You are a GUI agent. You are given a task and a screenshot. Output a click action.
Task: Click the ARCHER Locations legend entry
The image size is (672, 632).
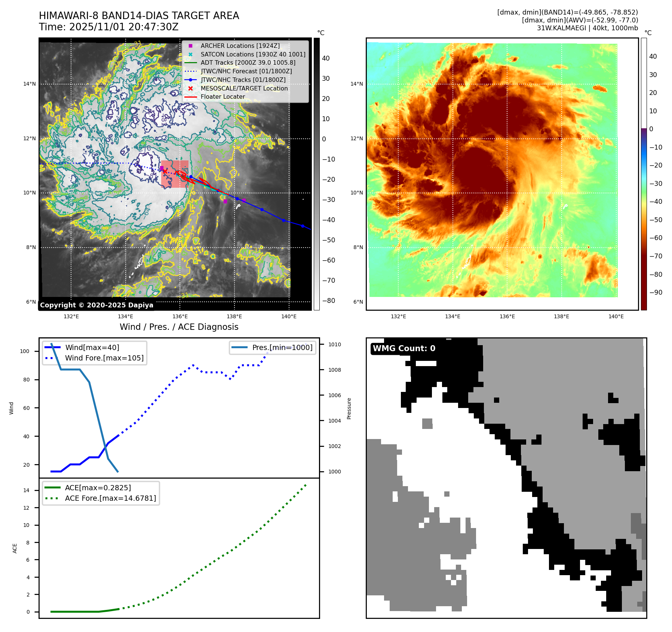point(240,46)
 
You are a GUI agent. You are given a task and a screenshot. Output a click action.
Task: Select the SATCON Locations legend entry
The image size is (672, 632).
point(253,54)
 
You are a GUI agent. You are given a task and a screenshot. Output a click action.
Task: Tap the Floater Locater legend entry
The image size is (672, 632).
point(223,96)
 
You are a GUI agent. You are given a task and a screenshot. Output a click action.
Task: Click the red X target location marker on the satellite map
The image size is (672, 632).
point(165,171)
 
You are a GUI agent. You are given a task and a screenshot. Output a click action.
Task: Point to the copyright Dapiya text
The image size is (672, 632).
point(96,305)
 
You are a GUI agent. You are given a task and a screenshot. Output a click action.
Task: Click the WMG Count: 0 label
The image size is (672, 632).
point(404,349)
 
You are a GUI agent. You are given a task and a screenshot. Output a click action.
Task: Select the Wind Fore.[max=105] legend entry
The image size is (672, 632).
point(104,358)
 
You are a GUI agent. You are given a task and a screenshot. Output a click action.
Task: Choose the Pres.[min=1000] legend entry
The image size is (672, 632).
point(282,347)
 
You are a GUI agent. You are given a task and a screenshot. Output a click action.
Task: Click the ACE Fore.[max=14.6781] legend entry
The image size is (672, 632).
point(110,498)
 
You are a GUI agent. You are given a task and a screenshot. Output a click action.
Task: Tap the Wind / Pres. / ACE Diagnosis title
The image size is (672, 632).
point(179,327)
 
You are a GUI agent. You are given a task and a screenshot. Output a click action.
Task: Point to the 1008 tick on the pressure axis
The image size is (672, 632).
point(335,370)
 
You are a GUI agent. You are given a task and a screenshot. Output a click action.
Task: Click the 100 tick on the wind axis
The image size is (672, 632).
point(25,351)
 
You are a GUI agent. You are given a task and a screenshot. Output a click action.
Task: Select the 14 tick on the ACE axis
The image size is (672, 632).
point(26,490)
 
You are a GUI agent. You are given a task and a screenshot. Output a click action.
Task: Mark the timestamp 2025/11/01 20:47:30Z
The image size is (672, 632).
point(123,27)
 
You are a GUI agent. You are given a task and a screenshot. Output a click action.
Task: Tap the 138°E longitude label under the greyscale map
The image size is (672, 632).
point(234,316)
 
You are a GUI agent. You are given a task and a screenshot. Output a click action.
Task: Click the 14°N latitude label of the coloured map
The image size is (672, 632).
point(356,84)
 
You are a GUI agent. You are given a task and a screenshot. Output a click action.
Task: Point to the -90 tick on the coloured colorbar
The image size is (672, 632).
point(656,292)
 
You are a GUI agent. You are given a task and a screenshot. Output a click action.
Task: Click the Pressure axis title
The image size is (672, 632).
point(349,408)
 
